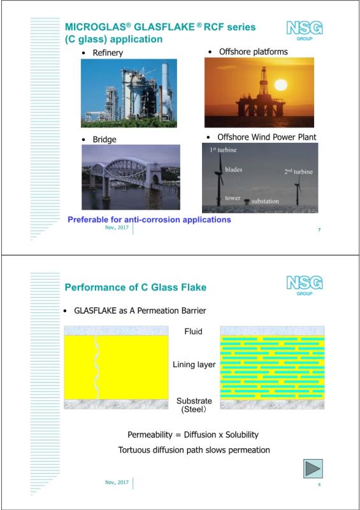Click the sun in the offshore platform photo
[280, 85]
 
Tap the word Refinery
[108, 53]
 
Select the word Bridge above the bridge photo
[104, 139]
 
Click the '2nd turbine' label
[298, 171]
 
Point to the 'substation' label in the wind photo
[265, 201]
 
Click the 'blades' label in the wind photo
[233, 170]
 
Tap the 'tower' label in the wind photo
[233, 198]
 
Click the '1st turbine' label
[223, 150]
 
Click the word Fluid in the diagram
[194, 331]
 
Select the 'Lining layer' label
[194, 365]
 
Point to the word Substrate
[194, 401]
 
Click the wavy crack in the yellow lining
[97, 367]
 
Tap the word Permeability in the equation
[150, 435]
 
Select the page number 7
[319, 230]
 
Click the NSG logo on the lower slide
[305, 285]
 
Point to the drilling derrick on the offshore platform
[263, 81]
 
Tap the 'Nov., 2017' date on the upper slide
[117, 228]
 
